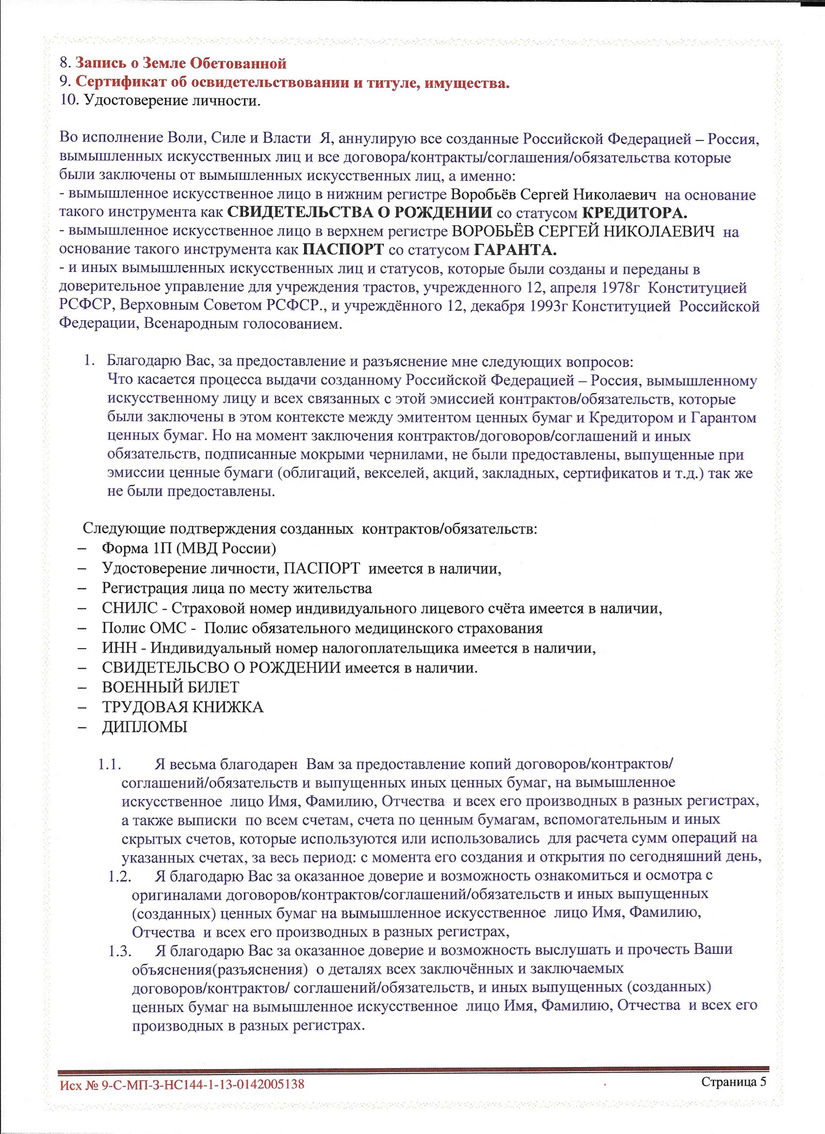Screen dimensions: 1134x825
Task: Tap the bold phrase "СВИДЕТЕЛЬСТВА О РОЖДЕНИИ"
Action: [x=360, y=212]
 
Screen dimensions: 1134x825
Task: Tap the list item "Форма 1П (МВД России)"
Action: [x=189, y=548]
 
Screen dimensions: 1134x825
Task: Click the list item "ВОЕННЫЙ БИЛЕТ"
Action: [x=171, y=687]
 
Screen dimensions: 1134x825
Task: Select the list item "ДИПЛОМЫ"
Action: [x=145, y=726]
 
